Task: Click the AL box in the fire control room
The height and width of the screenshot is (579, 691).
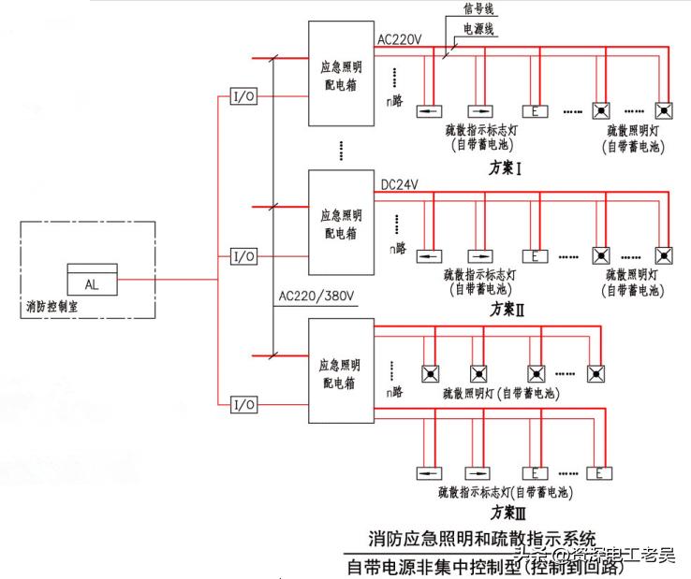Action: (91, 281)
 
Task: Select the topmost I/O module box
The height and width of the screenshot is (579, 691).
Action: (243, 96)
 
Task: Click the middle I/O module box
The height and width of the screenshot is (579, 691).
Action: (243, 255)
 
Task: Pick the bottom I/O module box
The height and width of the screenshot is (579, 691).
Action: (243, 404)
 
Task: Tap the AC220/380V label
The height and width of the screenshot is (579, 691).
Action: (316, 297)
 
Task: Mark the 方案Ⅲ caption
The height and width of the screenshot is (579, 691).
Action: (508, 513)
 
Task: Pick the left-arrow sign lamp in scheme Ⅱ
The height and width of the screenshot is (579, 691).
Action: (430, 255)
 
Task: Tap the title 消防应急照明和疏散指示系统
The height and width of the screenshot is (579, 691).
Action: (482, 539)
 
